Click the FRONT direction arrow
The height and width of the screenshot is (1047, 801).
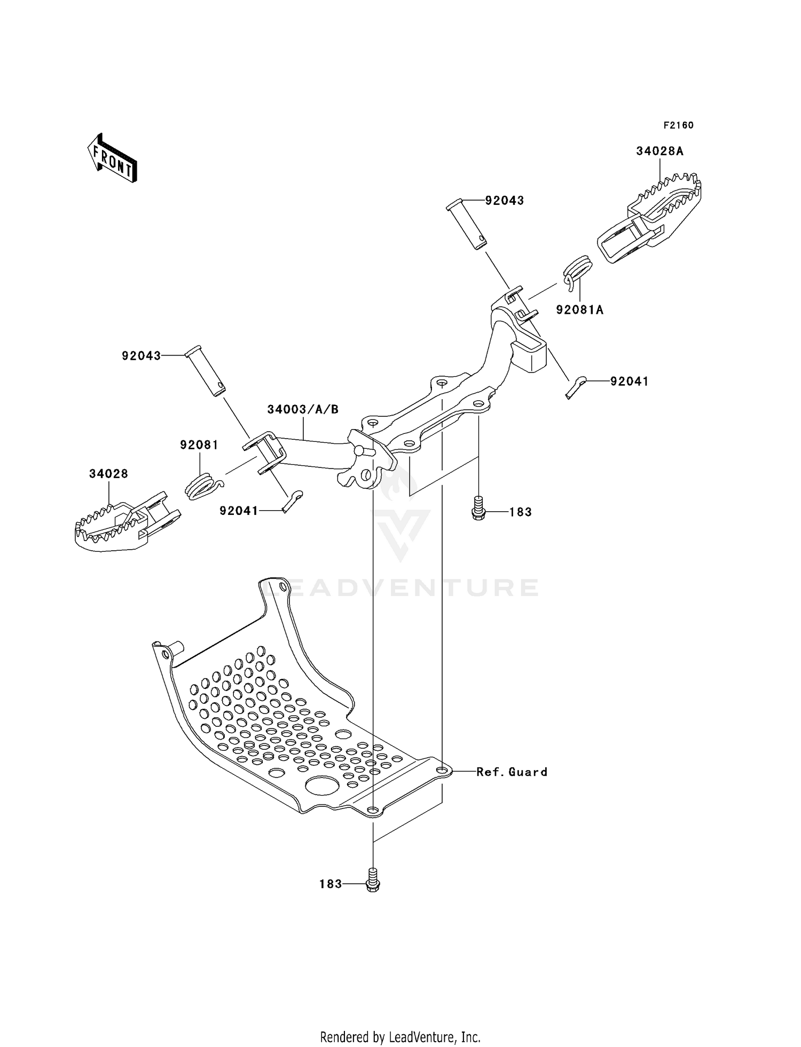point(112,158)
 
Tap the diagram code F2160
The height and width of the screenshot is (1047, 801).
point(678,125)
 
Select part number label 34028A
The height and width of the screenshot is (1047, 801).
point(659,151)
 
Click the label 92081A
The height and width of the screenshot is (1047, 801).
point(579,310)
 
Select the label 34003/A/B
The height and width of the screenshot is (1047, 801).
point(303,409)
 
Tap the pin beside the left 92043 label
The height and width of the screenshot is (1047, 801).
point(206,373)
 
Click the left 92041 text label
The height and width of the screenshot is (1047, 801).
point(239,511)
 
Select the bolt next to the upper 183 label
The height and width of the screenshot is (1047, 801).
point(478,507)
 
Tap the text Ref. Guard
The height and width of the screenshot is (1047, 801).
point(512,772)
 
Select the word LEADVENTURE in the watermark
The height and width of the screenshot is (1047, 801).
point(400,588)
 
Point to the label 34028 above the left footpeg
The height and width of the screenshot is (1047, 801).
point(108,474)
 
